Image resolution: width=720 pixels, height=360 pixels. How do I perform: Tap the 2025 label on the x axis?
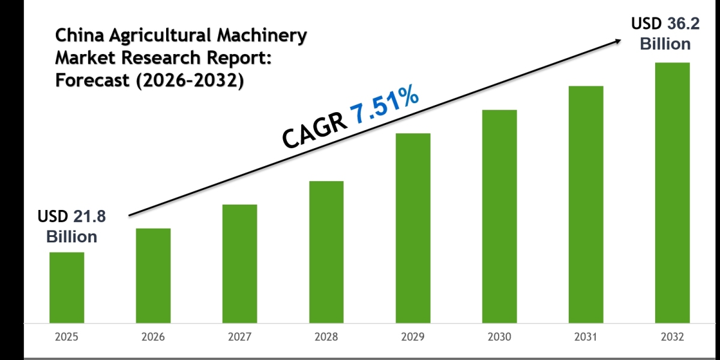pyautogui.click(x=67, y=338)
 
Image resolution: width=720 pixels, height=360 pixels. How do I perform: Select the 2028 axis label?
pyautogui.click(x=326, y=338)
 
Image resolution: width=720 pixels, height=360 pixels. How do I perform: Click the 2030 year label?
pyautogui.click(x=499, y=338)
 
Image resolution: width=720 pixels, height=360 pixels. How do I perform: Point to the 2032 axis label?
pyautogui.click(x=672, y=338)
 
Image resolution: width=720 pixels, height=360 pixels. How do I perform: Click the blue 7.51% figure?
pyautogui.click(x=384, y=107)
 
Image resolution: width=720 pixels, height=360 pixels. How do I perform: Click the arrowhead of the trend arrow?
pyautogui.click(x=616, y=41)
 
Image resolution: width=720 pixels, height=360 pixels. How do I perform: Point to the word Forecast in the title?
pyautogui.click(x=93, y=80)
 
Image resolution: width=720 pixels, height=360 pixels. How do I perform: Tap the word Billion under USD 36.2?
pyautogui.click(x=665, y=44)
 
